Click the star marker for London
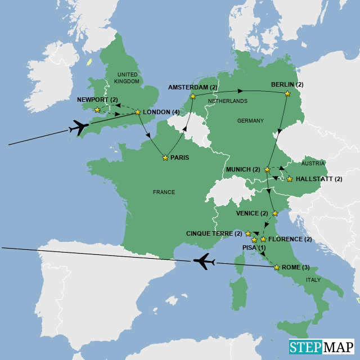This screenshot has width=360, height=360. click(138, 112)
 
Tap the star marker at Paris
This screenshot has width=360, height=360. click(165, 157)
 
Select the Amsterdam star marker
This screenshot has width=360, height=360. click(192, 96)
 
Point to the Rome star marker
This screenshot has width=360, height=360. click(276, 267)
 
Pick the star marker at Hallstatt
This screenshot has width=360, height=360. click(290, 179)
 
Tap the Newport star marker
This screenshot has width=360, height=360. click(97, 110)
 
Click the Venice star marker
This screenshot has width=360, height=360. click(274, 214)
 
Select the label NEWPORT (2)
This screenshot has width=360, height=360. click(97, 100)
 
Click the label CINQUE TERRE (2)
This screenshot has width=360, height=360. click(214, 233)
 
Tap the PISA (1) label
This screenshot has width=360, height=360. click(254, 247)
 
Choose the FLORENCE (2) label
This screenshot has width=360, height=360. click(290, 240)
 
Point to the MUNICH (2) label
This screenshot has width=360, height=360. click(242, 169)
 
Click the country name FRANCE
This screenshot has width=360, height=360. click(164, 192)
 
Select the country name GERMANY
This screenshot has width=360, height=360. click(250, 121)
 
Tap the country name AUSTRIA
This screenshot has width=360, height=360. click(313, 163)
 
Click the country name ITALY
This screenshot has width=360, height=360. click(313, 280)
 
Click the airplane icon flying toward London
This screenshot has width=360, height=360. click(78, 128)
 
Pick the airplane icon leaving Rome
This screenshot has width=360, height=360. click(204, 261)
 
